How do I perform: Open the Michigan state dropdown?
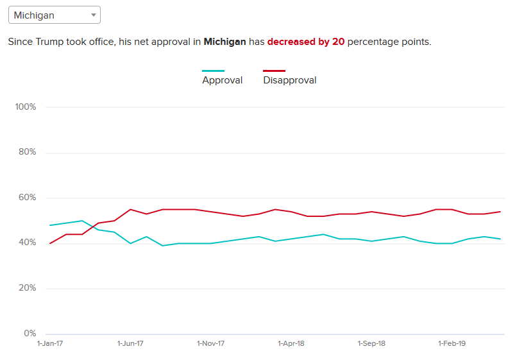[54, 15]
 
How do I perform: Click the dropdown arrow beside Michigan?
[93, 15]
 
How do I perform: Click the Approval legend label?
[222, 80]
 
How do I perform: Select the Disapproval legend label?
[289, 80]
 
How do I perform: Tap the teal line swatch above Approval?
[213, 71]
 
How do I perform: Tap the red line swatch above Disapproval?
[274, 71]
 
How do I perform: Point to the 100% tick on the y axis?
[26, 107]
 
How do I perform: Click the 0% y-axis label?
[30, 333]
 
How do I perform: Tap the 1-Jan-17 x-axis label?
[50, 343]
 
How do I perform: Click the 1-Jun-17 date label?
[130, 343]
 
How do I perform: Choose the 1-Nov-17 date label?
[210, 343]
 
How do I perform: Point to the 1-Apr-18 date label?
[291, 343]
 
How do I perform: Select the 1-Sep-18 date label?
[371, 343]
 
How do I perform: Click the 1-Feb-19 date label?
[452, 343]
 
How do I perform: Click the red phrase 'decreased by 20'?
[306, 42]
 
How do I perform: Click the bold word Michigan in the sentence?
[224, 42]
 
